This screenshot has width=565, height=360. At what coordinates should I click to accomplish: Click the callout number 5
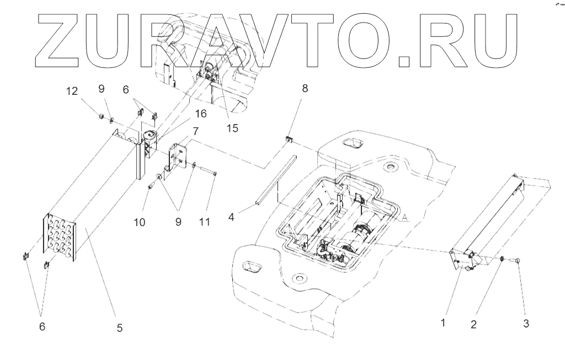tap(119, 328)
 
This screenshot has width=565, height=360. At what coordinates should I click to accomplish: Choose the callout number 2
tap(473, 324)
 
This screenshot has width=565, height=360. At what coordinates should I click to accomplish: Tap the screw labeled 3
tap(518, 260)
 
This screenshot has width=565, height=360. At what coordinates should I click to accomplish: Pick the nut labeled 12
tap(101, 116)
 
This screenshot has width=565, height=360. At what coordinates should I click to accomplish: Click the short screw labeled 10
tap(150, 187)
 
